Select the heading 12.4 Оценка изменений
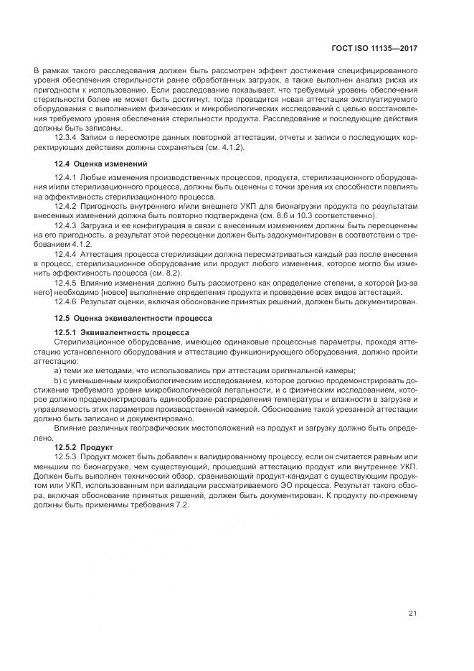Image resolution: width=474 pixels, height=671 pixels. click(x=100, y=164)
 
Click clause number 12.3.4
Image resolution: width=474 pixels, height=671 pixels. click(x=66, y=147)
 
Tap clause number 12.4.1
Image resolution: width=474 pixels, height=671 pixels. click(x=66, y=177)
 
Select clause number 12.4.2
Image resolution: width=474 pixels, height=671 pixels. click(x=66, y=207)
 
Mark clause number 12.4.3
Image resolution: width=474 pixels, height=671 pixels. click(x=66, y=225)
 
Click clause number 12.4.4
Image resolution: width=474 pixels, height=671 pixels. click(x=66, y=255)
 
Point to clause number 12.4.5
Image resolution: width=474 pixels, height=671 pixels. click(x=66, y=283)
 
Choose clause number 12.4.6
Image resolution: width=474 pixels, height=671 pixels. click(x=66, y=301)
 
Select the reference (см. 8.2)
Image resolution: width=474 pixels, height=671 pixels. click(x=166, y=273)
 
